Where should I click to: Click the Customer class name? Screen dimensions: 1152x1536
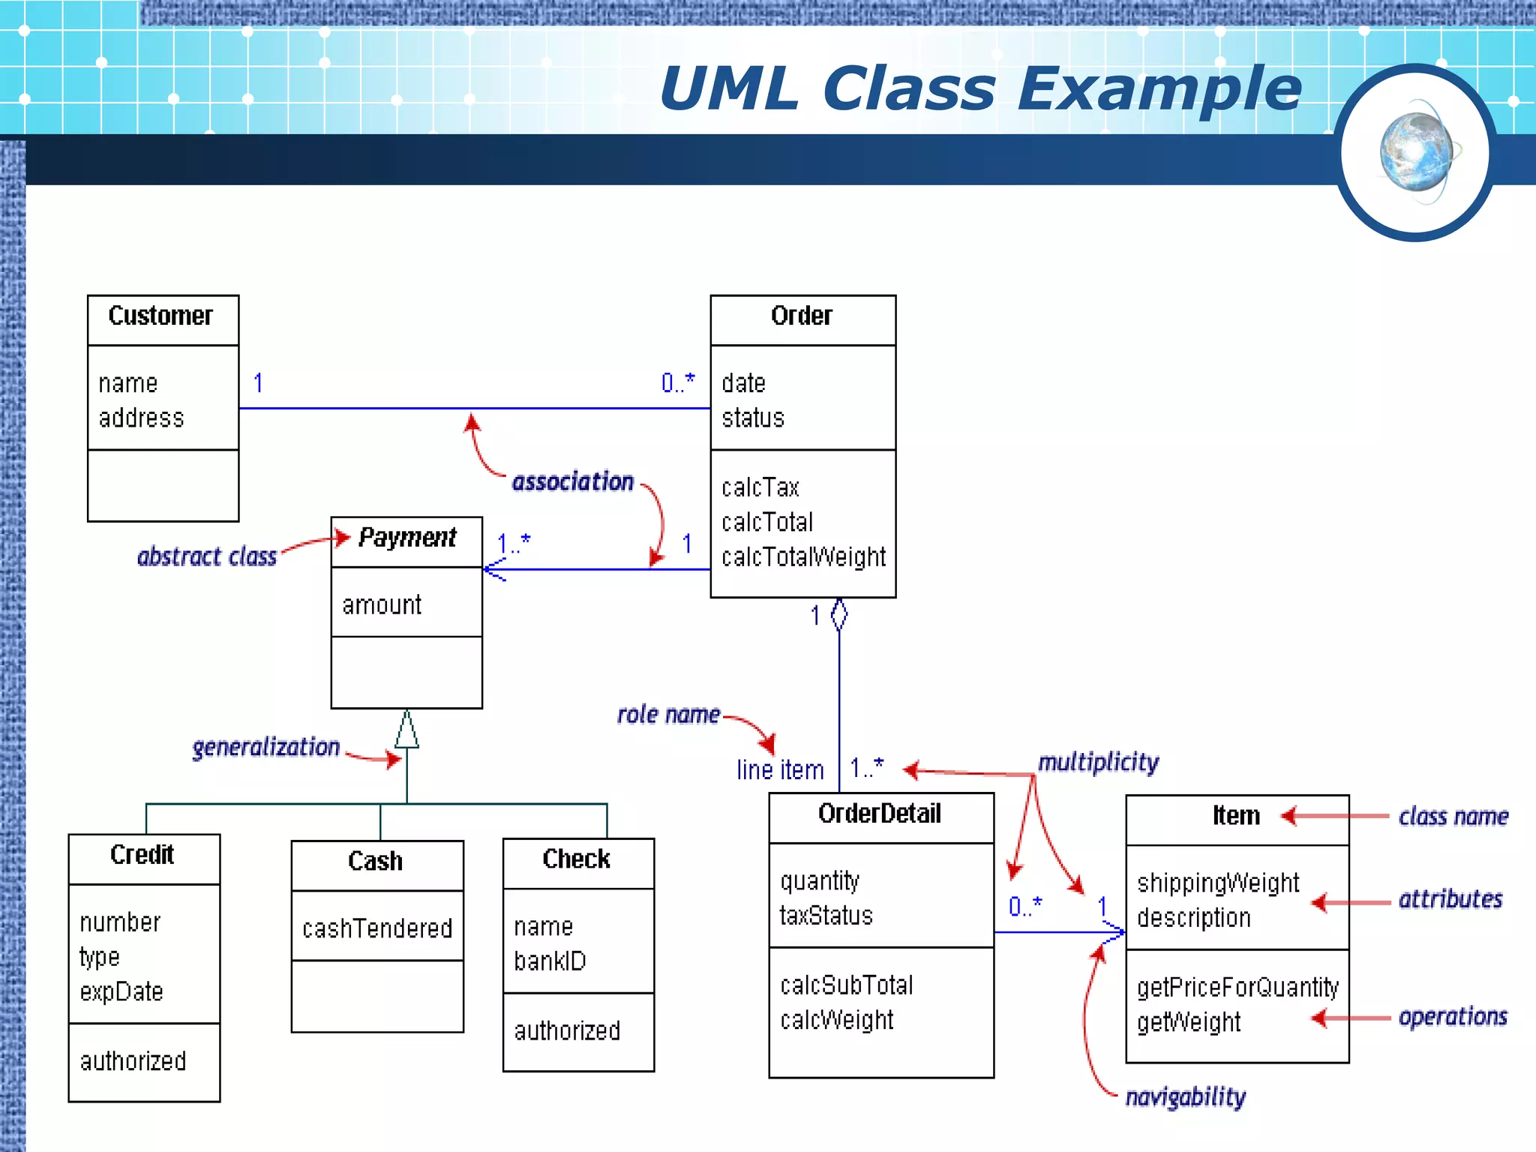(160, 316)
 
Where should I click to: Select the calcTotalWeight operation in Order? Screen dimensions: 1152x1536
(803, 557)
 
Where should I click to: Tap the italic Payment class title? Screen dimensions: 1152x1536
(407, 537)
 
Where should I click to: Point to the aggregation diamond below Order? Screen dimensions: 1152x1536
(839, 615)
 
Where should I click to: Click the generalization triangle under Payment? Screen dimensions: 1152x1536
(406, 730)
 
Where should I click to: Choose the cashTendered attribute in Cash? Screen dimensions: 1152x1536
(377, 928)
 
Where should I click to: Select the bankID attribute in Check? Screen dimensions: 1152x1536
(550, 961)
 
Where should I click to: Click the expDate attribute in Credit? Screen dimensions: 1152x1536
(121, 991)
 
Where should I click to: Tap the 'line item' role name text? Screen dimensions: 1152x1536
(780, 770)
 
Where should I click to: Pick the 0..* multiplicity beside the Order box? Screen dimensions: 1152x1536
(677, 383)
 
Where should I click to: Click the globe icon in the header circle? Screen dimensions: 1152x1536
(1416, 152)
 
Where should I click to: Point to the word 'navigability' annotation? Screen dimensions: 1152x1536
(1185, 1096)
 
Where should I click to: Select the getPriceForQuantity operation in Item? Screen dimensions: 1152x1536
(1237, 987)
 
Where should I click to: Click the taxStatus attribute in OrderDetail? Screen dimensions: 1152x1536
(826, 916)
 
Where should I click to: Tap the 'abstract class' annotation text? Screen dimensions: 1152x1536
(207, 556)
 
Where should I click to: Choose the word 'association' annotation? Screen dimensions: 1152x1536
(573, 481)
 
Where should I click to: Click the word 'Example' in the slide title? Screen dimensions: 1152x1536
(1159, 88)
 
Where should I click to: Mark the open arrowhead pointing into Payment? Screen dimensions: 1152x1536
(493, 570)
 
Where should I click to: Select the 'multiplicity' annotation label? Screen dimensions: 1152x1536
(1098, 762)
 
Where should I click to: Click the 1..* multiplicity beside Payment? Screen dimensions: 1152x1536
(514, 542)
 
